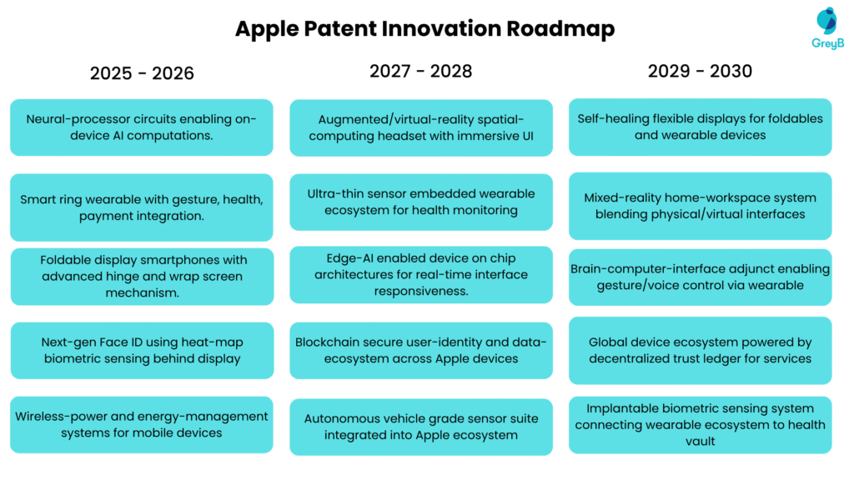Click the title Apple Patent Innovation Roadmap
[x=424, y=28]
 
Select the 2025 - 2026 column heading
[x=142, y=73]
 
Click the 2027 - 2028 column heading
[x=421, y=71]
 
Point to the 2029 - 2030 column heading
[x=700, y=71]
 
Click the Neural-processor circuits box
[x=142, y=127]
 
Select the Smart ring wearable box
[x=142, y=207]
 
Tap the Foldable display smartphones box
[x=142, y=277]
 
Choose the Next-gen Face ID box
[x=142, y=350]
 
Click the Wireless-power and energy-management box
[x=142, y=424]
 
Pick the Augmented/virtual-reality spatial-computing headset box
[x=421, y=127]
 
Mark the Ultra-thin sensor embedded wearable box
[x=421, y=202]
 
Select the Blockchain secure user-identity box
[x=421, y=350]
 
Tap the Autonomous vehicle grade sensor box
[x=421, y=427]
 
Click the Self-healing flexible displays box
[x=700, y=127]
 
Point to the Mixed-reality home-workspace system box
[x=700, y=206]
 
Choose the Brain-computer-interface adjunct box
[x=700, y=277]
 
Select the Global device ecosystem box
[x=700, y=350]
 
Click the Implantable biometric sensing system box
[x=700, y=424]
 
